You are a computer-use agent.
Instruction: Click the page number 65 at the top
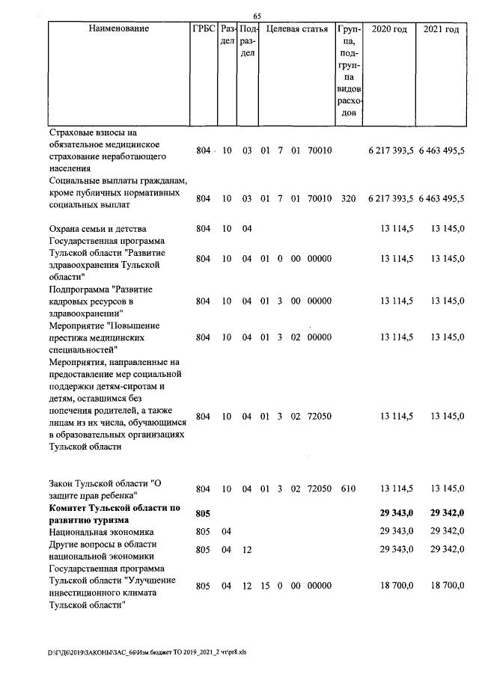click(257, 16)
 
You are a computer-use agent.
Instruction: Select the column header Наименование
click(118, 29)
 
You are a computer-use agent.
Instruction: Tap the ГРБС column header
click(204, 29)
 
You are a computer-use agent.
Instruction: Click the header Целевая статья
click(296, 29)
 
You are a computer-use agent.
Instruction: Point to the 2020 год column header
click(389, 29)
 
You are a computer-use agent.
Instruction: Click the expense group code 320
click(347, 199)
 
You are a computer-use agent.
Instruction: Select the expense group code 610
click(347, 488)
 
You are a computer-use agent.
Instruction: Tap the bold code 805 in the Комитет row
click(204, 514)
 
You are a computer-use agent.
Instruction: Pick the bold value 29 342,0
click(448, 514)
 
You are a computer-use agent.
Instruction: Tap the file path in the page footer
click(147, 652)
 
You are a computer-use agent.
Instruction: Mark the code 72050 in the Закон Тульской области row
click(319, 488)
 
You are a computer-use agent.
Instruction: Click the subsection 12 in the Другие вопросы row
click(247, 550)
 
